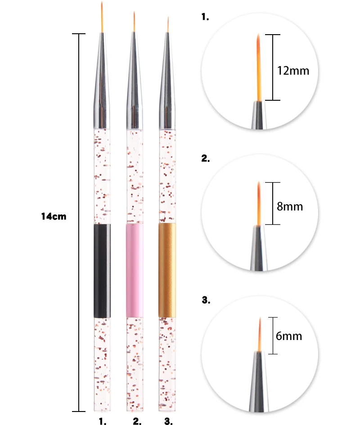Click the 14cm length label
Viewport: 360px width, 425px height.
(54, 216)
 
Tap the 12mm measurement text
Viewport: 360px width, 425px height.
(293, 71)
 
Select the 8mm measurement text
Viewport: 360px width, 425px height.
(290, 206)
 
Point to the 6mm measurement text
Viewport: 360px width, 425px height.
(289, 336)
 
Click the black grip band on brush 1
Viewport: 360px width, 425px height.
(102, 270)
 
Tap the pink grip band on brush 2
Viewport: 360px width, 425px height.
(135, 270)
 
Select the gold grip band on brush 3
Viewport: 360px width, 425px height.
(167, 270)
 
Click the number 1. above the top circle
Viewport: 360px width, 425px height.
(206, 18)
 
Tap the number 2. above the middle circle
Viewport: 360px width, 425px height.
(206, 158)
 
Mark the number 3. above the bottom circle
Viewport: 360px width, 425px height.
(206, 300)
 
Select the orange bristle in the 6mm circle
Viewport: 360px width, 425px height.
(259, 335)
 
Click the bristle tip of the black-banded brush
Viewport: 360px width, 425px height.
(103, 16)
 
